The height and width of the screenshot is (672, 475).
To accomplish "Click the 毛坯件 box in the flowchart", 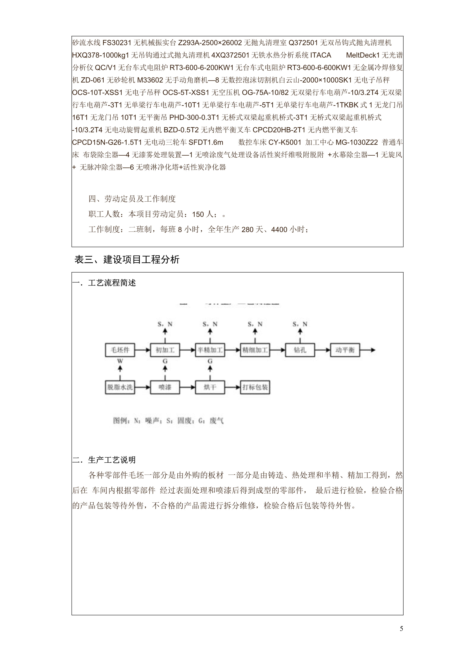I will (120, 350).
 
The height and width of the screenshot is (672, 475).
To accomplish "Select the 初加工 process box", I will (165, 350).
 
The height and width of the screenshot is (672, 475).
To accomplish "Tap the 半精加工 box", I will (210, 350).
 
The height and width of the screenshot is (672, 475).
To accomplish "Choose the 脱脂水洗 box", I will (120, 387).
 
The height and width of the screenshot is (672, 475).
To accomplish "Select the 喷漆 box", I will (165, 387).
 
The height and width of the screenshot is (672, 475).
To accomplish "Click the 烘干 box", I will (210, 387).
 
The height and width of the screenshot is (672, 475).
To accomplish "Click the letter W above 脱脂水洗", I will (120, 361).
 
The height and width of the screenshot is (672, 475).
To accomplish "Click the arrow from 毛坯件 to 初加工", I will (142, 350).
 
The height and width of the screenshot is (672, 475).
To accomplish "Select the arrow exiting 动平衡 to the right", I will (368, 350).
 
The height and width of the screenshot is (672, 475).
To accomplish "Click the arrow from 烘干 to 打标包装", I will (233, 387).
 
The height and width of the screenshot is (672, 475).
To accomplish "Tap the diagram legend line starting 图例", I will (168, 421).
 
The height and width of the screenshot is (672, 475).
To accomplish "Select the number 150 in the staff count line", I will (198, 215).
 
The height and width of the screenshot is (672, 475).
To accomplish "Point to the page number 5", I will (401, 629).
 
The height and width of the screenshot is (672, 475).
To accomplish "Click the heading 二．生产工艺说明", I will (104, 460).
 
